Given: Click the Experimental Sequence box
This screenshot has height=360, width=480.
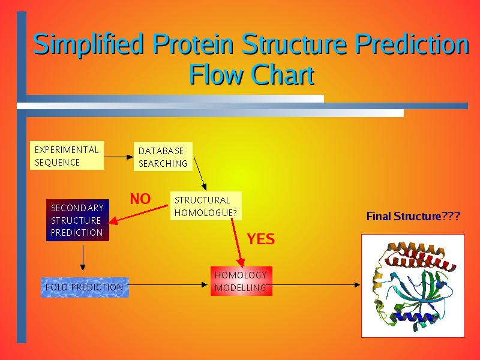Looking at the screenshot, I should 66,156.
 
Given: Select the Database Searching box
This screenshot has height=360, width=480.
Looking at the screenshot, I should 163,157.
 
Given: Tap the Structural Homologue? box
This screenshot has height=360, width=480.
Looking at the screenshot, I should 206,206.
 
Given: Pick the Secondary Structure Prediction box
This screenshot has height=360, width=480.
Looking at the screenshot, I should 77,220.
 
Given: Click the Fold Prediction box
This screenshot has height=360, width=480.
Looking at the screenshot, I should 85,287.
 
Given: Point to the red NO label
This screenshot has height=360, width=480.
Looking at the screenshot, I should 140,199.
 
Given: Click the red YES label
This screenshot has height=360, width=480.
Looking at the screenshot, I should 261,239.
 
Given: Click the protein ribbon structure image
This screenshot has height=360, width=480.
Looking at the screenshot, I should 413,286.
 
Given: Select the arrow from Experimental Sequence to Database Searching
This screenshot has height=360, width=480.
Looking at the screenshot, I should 119,157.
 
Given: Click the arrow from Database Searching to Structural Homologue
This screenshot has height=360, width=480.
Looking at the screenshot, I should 200,179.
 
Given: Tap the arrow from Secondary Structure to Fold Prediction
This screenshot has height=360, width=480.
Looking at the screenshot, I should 83,259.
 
